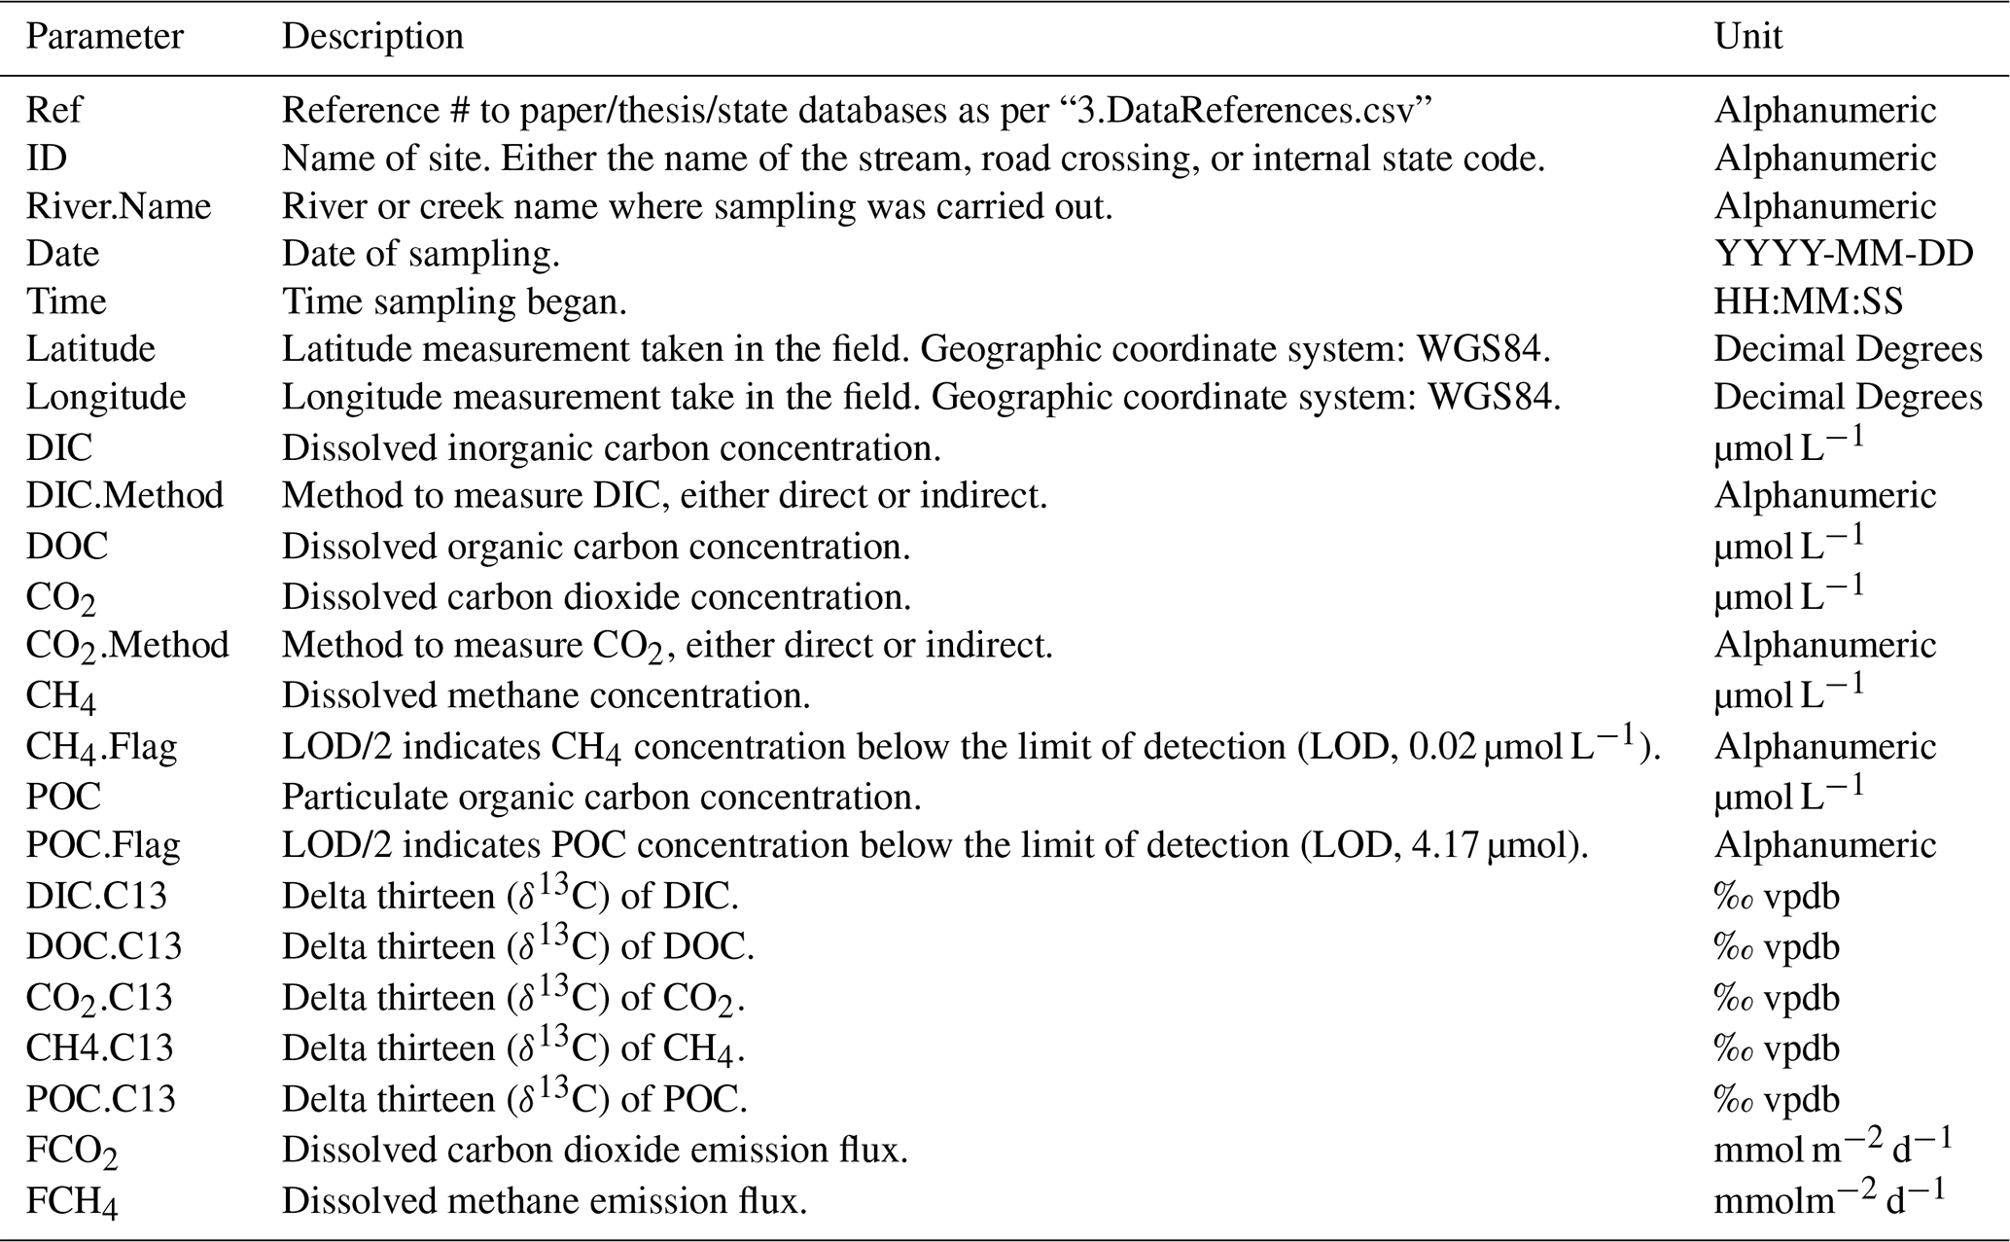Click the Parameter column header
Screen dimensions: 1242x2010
pos(104,37)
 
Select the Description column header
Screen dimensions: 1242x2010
pos(372,37)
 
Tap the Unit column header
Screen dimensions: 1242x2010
pos(1747,37)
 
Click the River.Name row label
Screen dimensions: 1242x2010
pos(118,206)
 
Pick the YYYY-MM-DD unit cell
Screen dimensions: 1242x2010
pos(1843,254)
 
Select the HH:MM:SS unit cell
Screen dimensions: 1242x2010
pos(1808,302)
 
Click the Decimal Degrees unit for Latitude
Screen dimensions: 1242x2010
pos(1847,349)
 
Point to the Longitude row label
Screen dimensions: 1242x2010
pos(105,397)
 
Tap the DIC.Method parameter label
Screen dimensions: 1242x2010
pos(124,496)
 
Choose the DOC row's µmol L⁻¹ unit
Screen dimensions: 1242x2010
pos(1788,545)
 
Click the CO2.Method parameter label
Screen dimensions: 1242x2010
pos(127,646)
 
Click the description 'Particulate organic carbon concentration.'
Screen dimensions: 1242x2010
pos(601,798)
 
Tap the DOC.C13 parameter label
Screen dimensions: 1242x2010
pos(103,946)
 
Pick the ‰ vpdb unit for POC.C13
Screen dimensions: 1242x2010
pos(1776,1099)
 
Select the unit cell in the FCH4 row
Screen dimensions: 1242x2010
pos(1828,1201)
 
